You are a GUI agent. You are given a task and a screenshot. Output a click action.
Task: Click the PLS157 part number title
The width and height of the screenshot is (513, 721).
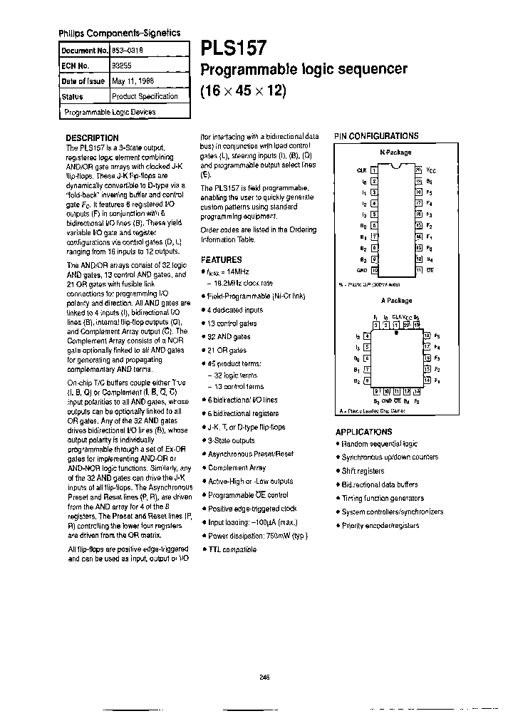pos(234,48)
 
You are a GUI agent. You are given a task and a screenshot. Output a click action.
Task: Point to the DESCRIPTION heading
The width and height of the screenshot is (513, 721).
pos(92,138)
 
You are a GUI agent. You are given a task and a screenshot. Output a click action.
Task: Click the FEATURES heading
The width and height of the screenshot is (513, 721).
pos(221,260)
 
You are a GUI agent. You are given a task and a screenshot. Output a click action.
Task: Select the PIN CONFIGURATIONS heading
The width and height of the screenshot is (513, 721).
pos(377,135)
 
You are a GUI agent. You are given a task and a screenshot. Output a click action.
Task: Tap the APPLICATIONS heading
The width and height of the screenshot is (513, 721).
pos(363,432)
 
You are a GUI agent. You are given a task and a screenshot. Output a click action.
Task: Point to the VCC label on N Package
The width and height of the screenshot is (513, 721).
pos(430,171)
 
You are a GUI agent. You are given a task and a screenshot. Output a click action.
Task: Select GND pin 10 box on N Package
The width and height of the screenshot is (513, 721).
pos(373,270)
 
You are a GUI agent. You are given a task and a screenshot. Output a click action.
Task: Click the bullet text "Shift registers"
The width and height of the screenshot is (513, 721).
pos(363,471)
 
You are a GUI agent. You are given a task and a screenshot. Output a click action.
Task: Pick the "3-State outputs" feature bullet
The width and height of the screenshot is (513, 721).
pos(231,440)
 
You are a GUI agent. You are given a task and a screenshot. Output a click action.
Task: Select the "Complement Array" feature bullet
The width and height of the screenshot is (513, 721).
pos(237,467)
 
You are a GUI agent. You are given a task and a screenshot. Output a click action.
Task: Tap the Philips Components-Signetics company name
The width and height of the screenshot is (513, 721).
pos(118,33)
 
